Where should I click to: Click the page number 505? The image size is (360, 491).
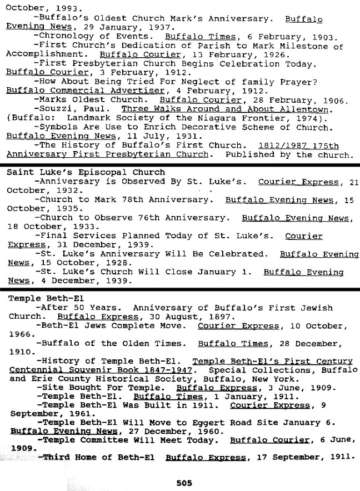tap(184, 483)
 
